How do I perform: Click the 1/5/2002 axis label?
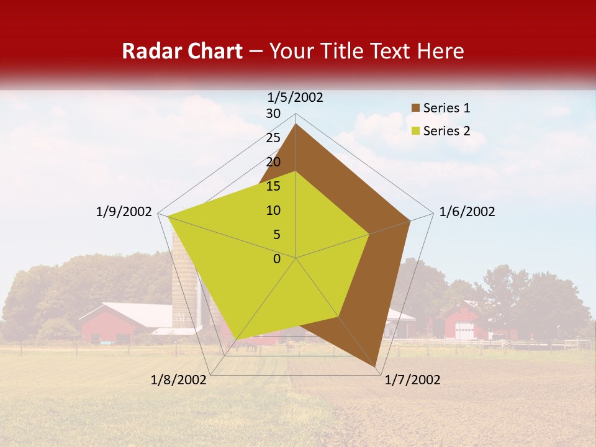pos(296,97)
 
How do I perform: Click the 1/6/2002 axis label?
pos(467,212)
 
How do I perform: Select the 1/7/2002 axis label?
pos(412,380)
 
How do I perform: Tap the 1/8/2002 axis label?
pos(179,380)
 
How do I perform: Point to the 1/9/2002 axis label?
pos(124,212)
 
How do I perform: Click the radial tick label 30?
pos(273,114)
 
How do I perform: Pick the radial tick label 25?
pos(273,138)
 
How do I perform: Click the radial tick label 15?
pos(273,186)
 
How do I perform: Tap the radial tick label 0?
pos(277,259)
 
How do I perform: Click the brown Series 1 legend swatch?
pos(415,108)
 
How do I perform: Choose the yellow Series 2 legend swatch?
pos(415,131)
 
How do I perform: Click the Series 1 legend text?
pos(446,108)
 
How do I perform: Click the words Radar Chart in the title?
pos(182,51)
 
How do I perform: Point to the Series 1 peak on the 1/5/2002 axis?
pos(296,124)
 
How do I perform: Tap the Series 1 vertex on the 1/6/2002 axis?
pos(410,220)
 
